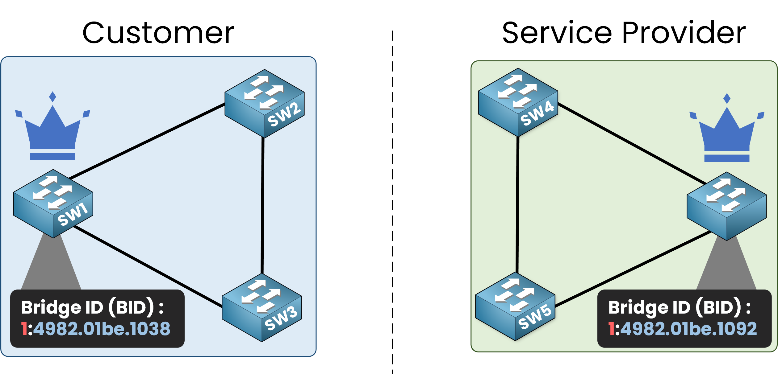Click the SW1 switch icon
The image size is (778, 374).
[x=53, y=203]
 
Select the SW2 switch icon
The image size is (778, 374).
[x=265, y=103]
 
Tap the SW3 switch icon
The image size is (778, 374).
[x=262, y=307]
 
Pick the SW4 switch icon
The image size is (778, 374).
[x=518, y=102]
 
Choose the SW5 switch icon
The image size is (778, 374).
[x=515, y=306]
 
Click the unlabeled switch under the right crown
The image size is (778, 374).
[x=727, y=206]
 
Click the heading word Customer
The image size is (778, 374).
[x=158, y=33]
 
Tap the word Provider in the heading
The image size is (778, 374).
[x=684, y=33]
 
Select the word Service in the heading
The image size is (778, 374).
[x=557, y=33]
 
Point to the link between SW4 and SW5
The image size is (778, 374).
[x=517, y=204]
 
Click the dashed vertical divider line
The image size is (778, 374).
[x=393, y=200]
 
